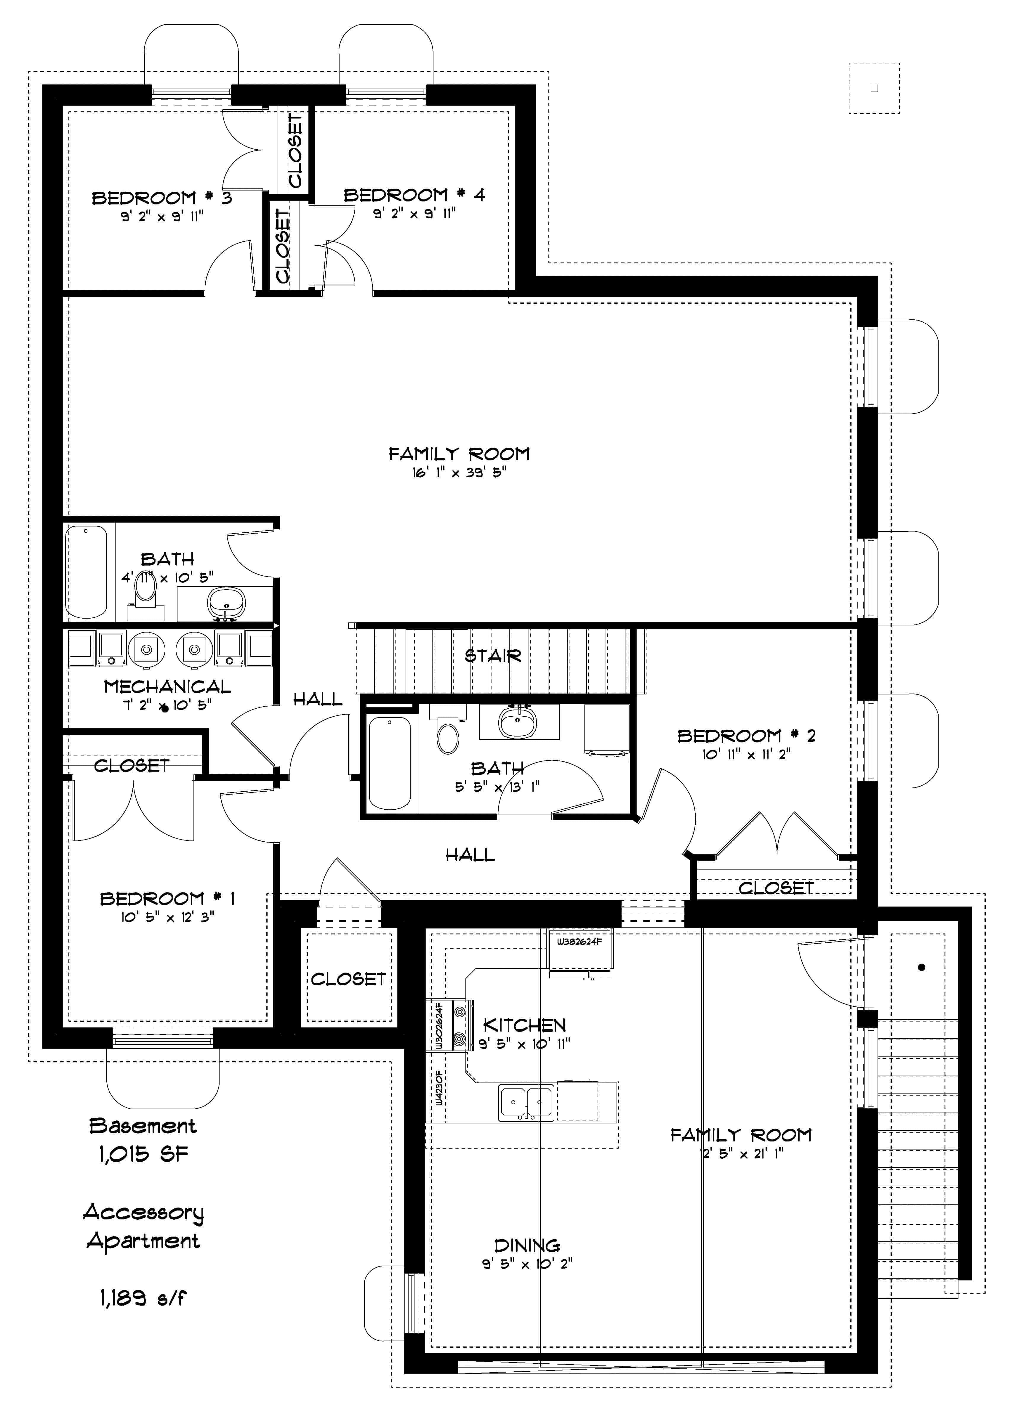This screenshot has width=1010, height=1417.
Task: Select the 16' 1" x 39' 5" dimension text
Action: pos(459,473)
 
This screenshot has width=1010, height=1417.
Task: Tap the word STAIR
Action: pos(493,655)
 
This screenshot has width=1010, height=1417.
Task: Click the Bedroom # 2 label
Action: pos(746,736)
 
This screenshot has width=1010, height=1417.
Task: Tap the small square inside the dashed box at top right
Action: pos(874,88)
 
